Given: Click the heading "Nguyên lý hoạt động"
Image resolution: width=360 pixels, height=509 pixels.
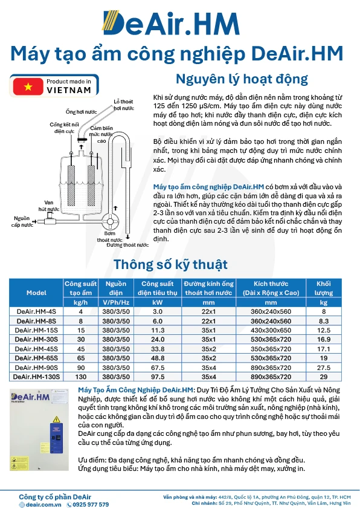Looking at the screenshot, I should point(242,79).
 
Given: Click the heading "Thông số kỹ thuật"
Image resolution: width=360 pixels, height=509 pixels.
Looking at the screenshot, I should point(171,264).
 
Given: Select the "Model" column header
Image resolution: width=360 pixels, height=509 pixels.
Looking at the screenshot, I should point(36,293).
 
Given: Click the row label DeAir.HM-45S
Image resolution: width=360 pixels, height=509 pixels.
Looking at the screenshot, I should point(36,348).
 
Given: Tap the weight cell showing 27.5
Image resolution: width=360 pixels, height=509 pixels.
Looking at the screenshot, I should point(324,367).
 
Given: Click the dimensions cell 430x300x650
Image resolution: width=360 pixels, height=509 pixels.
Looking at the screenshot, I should point(271,330).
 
